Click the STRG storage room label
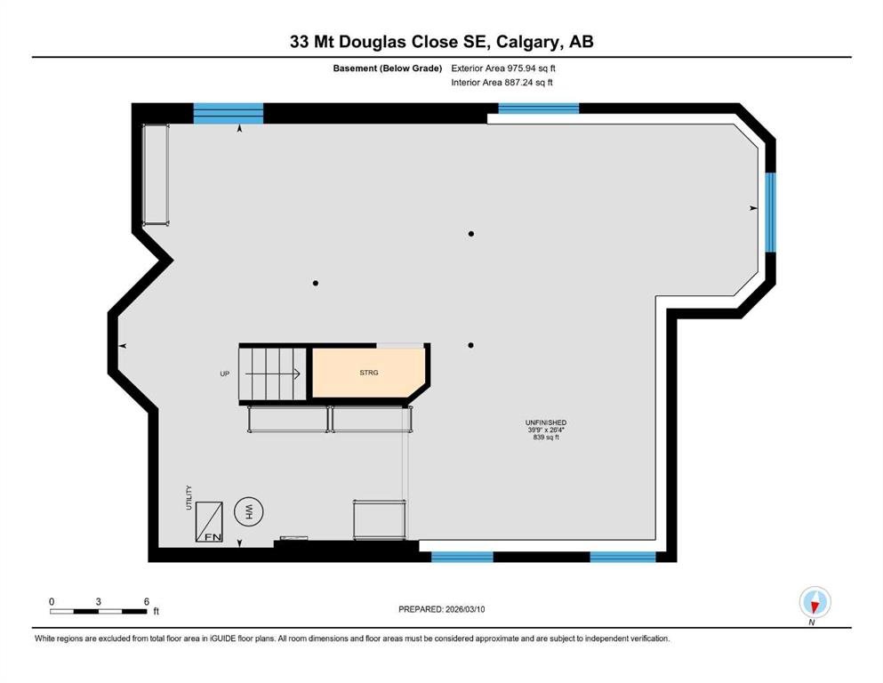pos(369,373)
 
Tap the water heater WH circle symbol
pos(249,512)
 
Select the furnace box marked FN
pos(209,522)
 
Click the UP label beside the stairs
pos(225,374)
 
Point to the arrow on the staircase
pos(273,374)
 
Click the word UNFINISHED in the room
pos(546,422)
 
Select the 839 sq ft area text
pos(546,437)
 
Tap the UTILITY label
pos(189,498)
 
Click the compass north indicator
pos(815,603)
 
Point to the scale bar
pos(98,612)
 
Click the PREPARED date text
pos(441,609)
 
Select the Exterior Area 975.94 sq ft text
pos(503,68)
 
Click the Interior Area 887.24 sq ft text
pos(502,82)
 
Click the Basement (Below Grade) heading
pos(388,68)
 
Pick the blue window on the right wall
pos(770,212)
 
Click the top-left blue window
pos(228,113)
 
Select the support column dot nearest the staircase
pos(316,283)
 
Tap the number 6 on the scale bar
pos(147,601)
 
